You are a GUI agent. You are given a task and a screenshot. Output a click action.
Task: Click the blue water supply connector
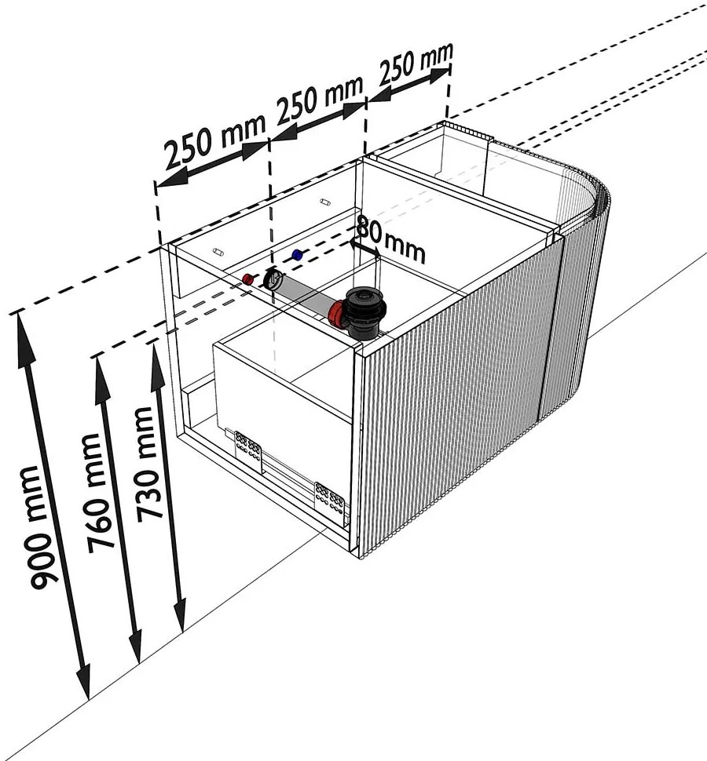[x=297, y=255]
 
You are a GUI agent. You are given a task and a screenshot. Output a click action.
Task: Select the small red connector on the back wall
[x=248, y=279]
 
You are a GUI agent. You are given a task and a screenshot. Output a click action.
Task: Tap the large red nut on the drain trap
[x=335, y=314]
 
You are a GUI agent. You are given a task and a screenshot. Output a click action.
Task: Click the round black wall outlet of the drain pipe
[x=274, y=279]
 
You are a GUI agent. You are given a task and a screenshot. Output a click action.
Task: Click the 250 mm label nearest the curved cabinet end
[x=416, y=63]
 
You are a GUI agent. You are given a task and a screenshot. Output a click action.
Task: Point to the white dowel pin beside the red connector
[x=218, y=252]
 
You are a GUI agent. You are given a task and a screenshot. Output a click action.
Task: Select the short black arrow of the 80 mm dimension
[x=365, y=249]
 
